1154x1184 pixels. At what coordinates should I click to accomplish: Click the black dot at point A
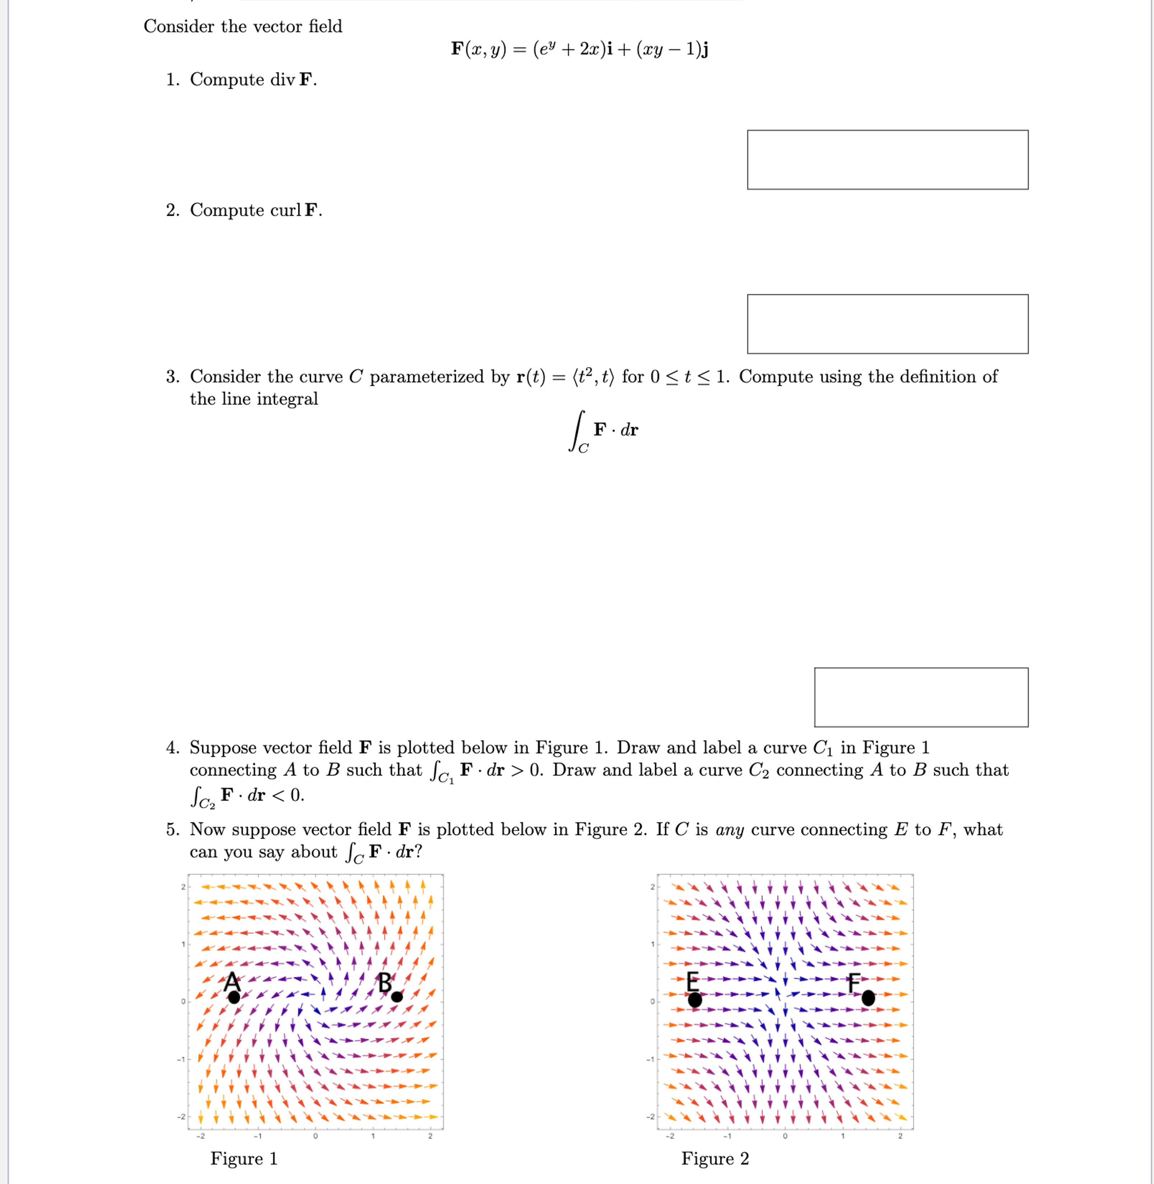click(234, 997)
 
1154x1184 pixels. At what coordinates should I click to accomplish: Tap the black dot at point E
click(695, 1000)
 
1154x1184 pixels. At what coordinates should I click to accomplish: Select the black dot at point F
click(868, 997)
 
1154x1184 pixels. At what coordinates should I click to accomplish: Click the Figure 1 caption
click(244, 1158)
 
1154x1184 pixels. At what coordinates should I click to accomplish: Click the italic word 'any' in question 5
click(729, 830)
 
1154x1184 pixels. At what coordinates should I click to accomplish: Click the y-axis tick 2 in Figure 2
click(652, 887)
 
